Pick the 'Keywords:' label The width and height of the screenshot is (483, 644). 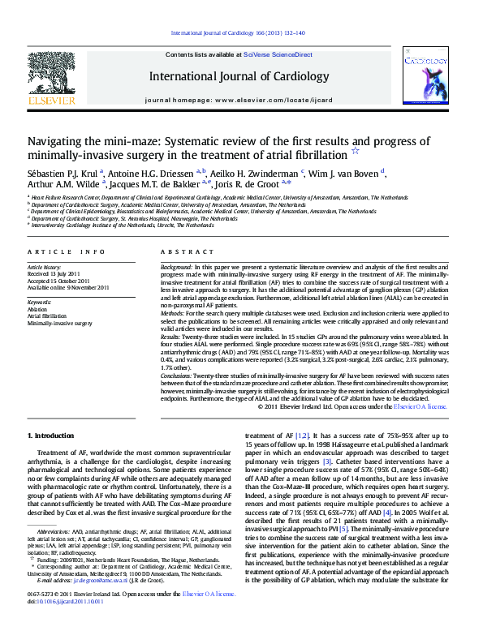[39, 302]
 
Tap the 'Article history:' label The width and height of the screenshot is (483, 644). [44, 267]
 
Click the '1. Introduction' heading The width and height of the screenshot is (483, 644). [50, 436]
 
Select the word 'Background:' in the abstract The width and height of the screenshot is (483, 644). [176, 267]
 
